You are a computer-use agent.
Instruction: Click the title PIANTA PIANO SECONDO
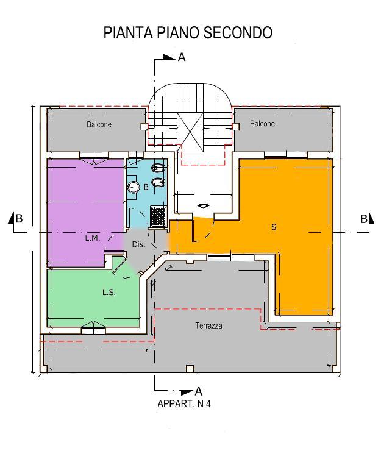click(188, 32)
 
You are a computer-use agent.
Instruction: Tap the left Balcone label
click(99, 124)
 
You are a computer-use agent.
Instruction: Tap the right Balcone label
click(262, 124)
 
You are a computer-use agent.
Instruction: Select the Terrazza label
click(208, 325)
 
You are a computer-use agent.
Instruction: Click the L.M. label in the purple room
click(92, 238)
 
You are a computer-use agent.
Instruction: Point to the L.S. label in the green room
click(109, 293)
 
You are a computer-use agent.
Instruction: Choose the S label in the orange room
click(274, 227)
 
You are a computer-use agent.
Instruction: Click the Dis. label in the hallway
click(138, 244)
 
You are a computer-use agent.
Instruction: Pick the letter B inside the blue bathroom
click(146, 187)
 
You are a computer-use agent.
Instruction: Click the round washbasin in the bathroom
click(134, 187)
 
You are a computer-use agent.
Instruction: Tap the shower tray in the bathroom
click(159, 216)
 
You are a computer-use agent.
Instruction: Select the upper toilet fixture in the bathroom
click(158, 169)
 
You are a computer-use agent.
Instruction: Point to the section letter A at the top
click(182, 57)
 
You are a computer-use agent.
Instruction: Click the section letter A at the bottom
click(199, 391)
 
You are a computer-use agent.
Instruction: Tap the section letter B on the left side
click(19, 219)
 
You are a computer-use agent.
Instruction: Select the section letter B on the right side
click(363, 219)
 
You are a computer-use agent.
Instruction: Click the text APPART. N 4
click(184, 403)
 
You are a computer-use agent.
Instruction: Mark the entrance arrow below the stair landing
click(204, 206)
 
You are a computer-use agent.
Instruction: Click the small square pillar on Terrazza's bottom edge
click(190, 369)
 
